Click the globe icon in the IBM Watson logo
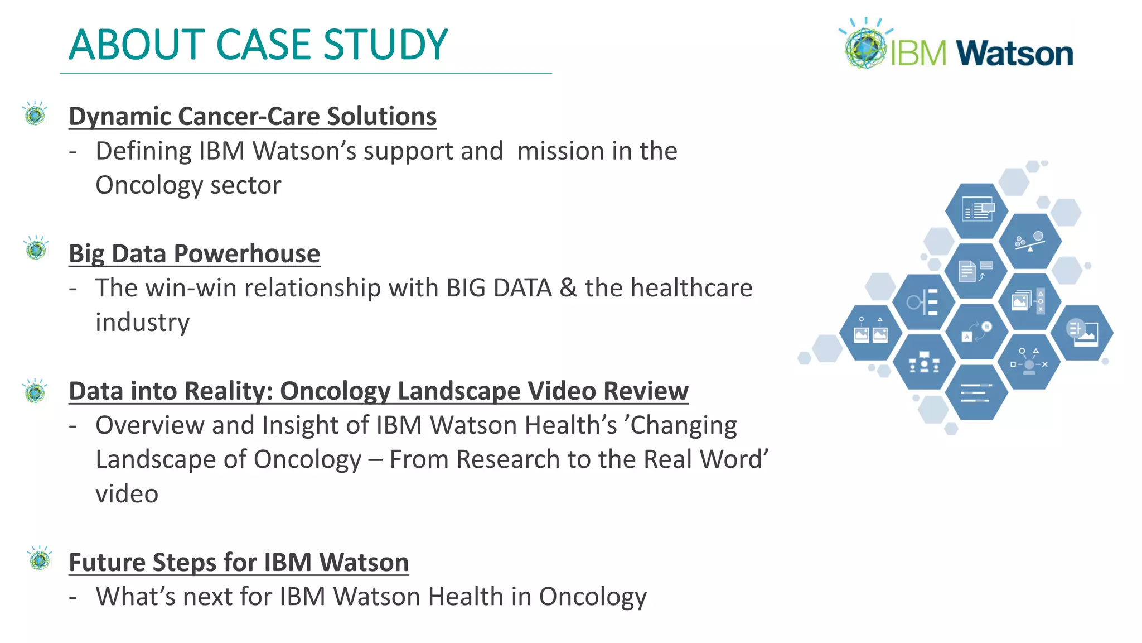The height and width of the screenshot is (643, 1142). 865,47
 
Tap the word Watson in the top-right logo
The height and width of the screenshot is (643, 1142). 1014,54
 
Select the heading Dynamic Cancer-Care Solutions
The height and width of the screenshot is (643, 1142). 253,116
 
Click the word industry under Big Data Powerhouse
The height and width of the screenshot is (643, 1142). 142,322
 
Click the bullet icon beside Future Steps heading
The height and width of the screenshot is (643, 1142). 40,559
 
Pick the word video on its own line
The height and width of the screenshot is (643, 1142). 127,493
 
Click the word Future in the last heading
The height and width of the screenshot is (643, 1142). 107,562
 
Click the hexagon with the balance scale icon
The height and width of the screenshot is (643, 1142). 1029,241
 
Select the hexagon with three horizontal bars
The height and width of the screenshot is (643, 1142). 976,392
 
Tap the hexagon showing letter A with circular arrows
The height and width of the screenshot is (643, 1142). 976,332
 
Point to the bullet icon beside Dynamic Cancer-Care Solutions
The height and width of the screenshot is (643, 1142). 36,114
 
